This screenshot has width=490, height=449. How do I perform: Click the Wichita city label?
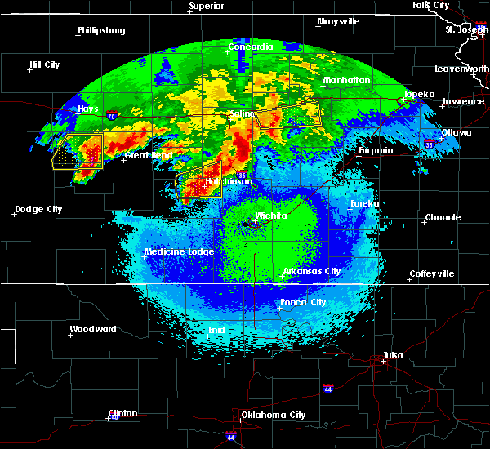tap(271, 216)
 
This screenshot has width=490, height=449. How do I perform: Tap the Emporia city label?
tap(376, 151)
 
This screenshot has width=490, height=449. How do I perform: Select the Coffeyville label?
tap(431, 273)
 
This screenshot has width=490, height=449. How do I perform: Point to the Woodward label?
tap(93, 330)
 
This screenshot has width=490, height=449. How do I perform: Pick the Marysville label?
tap(339, 22)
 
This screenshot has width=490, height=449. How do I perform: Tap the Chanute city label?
tap(443, 218)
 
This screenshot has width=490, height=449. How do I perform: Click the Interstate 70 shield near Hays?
tap(109, 116)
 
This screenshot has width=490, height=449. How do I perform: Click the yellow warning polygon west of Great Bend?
tap(78, 151)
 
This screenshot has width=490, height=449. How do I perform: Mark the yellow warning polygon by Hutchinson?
tap(199, 185)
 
